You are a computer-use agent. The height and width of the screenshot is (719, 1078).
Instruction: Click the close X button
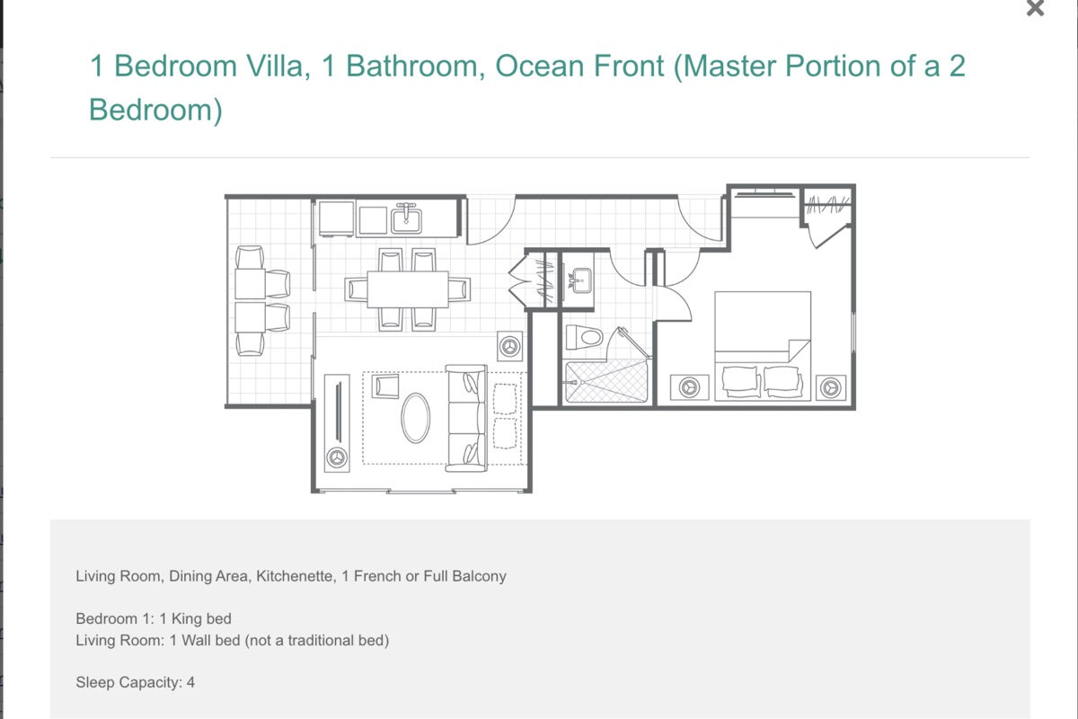[1035, 8]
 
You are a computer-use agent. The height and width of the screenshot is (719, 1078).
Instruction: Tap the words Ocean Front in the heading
[579, 66]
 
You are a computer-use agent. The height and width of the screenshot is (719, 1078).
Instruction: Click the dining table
[408, 289]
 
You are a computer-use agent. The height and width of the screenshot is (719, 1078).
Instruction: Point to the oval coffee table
[415, 418]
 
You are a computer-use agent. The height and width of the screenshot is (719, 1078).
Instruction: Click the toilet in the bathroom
[584, 337]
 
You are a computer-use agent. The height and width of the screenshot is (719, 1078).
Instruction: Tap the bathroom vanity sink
[580, 280]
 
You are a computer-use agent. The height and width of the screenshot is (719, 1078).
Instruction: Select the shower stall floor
[606, 381]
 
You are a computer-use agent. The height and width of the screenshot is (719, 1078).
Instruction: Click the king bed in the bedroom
[763, 346]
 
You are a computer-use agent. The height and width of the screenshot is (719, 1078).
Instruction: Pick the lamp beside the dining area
[509, 346]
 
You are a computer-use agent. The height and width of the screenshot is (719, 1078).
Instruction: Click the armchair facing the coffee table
[385, 386]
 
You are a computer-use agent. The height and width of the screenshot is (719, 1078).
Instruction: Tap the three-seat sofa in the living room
[466, 418]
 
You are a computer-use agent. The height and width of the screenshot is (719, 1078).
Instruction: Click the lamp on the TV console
[336, 457]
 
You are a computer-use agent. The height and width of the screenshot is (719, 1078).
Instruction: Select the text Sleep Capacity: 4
[136, 682]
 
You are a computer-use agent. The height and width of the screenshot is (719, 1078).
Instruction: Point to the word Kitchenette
[295, 576]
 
